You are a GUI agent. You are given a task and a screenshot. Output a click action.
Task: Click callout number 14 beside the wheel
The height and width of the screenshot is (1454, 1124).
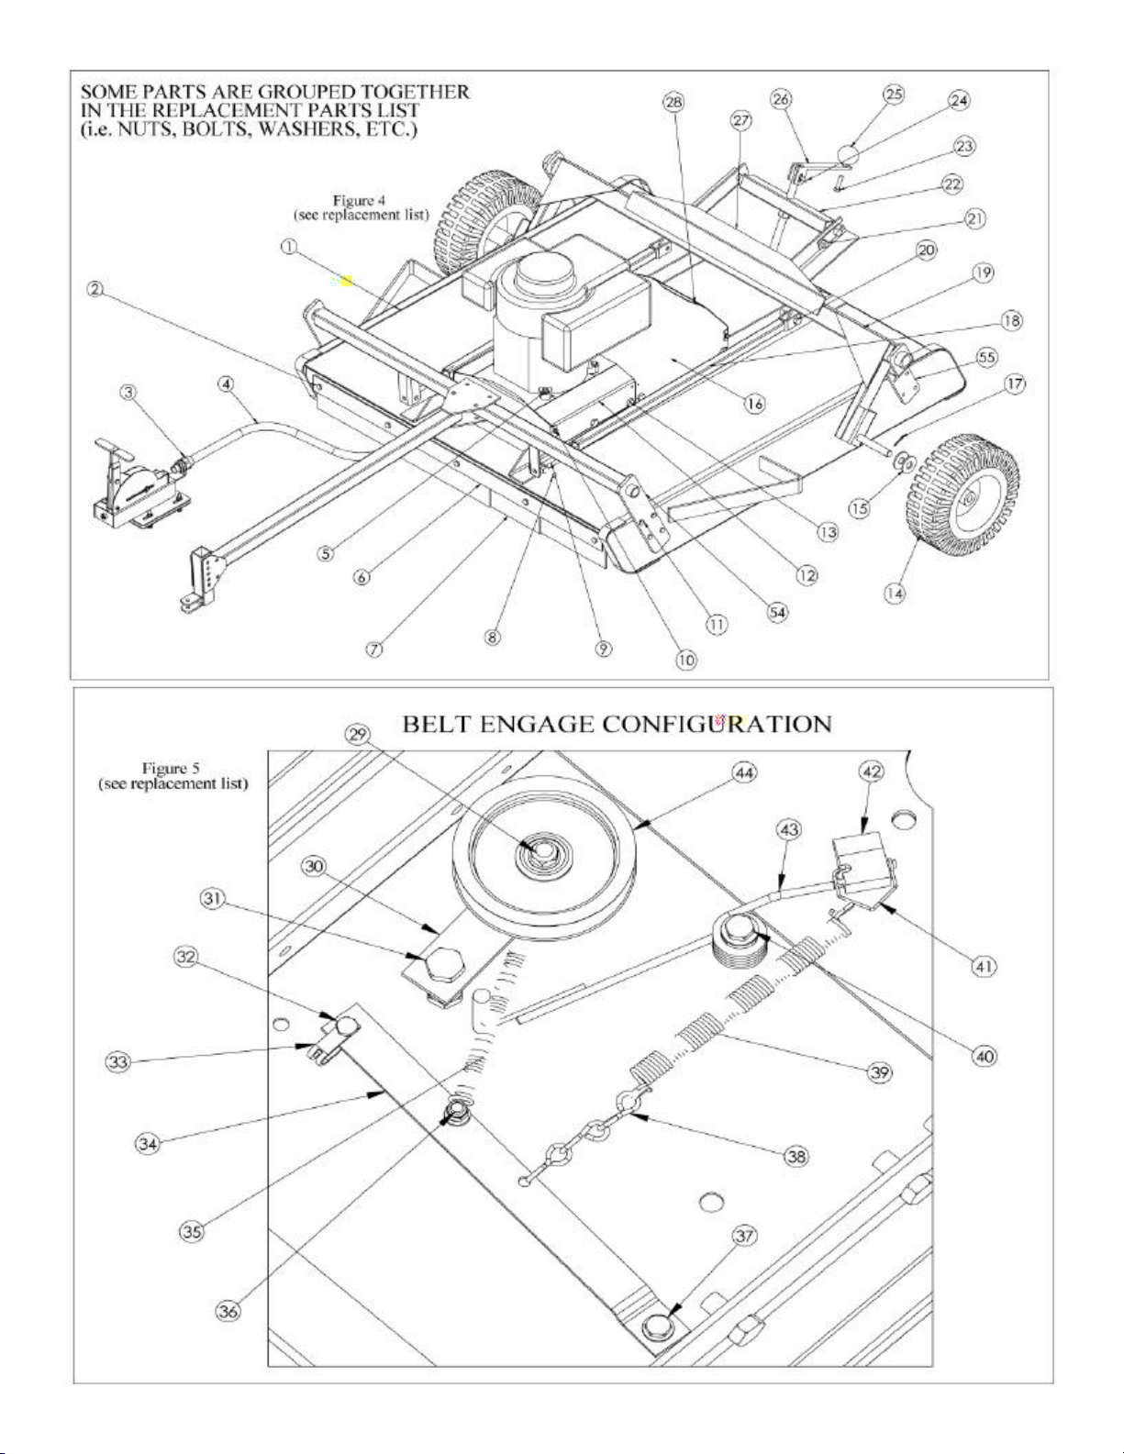(894, 594)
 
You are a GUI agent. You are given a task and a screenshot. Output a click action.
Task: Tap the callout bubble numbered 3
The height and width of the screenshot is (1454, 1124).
(130, 392)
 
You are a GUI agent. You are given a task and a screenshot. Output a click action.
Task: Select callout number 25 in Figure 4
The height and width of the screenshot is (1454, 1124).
(893, 94)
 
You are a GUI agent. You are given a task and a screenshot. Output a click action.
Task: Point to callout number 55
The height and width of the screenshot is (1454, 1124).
(986, 356)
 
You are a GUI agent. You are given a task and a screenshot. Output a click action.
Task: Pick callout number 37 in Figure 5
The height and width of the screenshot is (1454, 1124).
(742, 1236)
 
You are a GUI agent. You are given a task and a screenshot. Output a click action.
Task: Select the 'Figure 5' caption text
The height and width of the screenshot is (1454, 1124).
(166, 767)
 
